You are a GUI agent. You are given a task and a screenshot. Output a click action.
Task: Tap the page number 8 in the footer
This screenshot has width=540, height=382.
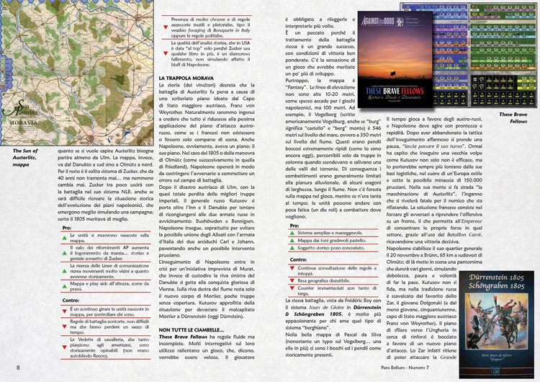click(x=18, y=369)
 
